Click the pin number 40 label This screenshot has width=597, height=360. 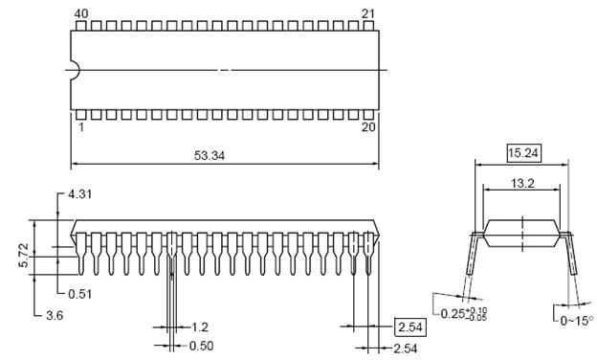[81, 14]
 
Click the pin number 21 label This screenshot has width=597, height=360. [367, 14]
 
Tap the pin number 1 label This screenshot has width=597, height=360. [80, 126]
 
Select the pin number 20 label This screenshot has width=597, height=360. [368, 126]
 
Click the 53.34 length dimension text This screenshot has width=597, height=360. [210, 155]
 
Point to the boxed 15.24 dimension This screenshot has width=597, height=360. [523, 153]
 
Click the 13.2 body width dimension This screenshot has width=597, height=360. [522, 184]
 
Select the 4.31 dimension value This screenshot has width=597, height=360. [80, 194]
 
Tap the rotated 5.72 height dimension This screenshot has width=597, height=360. [23, 256]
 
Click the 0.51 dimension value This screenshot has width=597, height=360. [80, 294]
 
